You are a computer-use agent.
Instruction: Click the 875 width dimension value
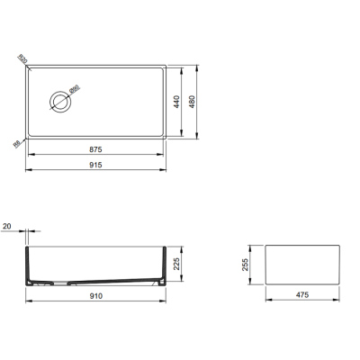(x=95, y=147)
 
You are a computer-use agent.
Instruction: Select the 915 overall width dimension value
(x=95, y=165)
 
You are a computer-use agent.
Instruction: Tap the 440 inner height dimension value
(x=189, y=102)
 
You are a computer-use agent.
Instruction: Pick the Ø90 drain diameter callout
(x=76, y=89)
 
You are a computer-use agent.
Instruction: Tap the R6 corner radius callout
(x=17, y=140)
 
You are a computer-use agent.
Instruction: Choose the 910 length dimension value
(x=95, y=296)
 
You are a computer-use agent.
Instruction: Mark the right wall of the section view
(x=163, y=265)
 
